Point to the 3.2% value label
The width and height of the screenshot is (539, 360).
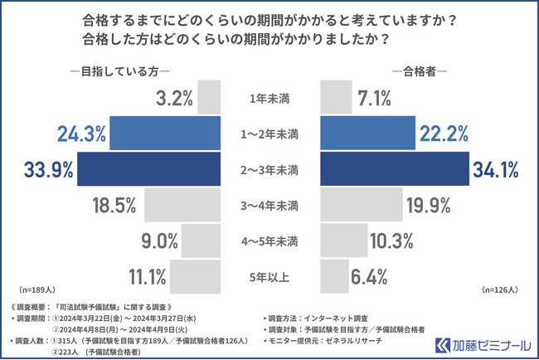pos(174,99)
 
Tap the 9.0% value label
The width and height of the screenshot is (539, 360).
pos(159,241)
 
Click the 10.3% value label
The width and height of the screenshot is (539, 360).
pos(394,241)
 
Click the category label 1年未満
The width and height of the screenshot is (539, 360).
pos(269,99)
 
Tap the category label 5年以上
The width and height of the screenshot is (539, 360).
pos(269,277)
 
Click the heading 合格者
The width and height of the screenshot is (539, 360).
pos(419,71)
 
